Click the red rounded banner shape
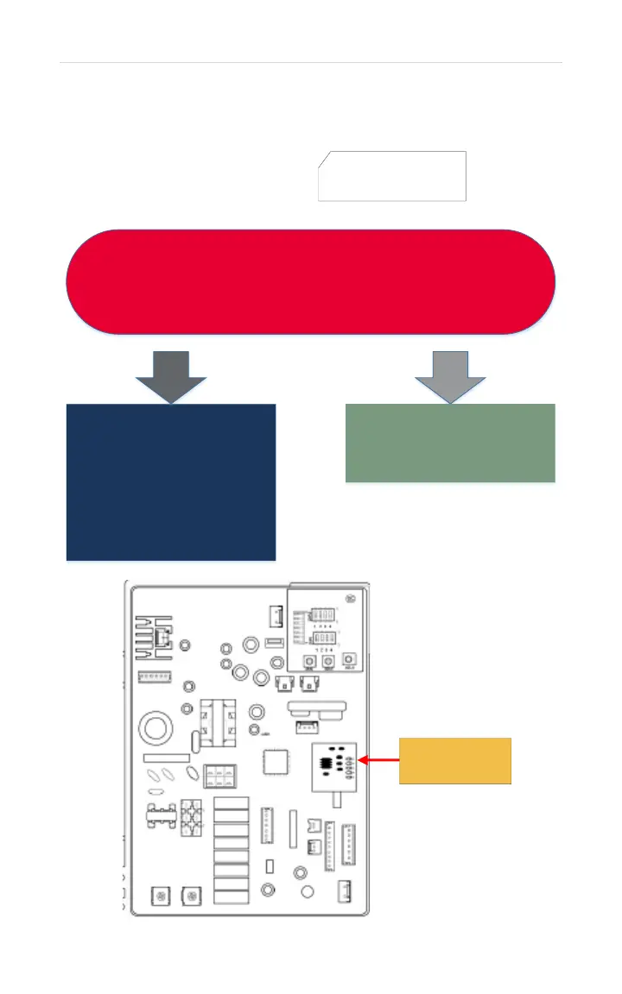point(311,281)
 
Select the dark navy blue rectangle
point(171,481)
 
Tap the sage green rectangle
point(450,443)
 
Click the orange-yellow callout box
point(455,760)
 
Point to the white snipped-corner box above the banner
point(393,176)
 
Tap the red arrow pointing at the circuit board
point(380,760)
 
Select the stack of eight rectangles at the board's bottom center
point(231,851)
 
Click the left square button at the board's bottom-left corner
point(159,895)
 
